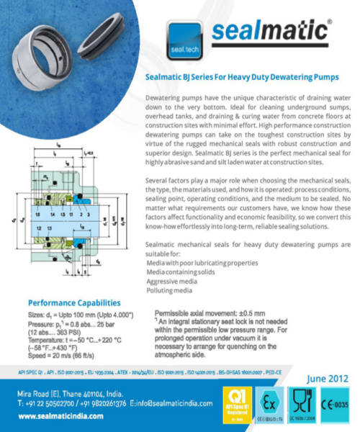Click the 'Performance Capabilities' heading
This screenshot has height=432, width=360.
click(73, 302)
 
